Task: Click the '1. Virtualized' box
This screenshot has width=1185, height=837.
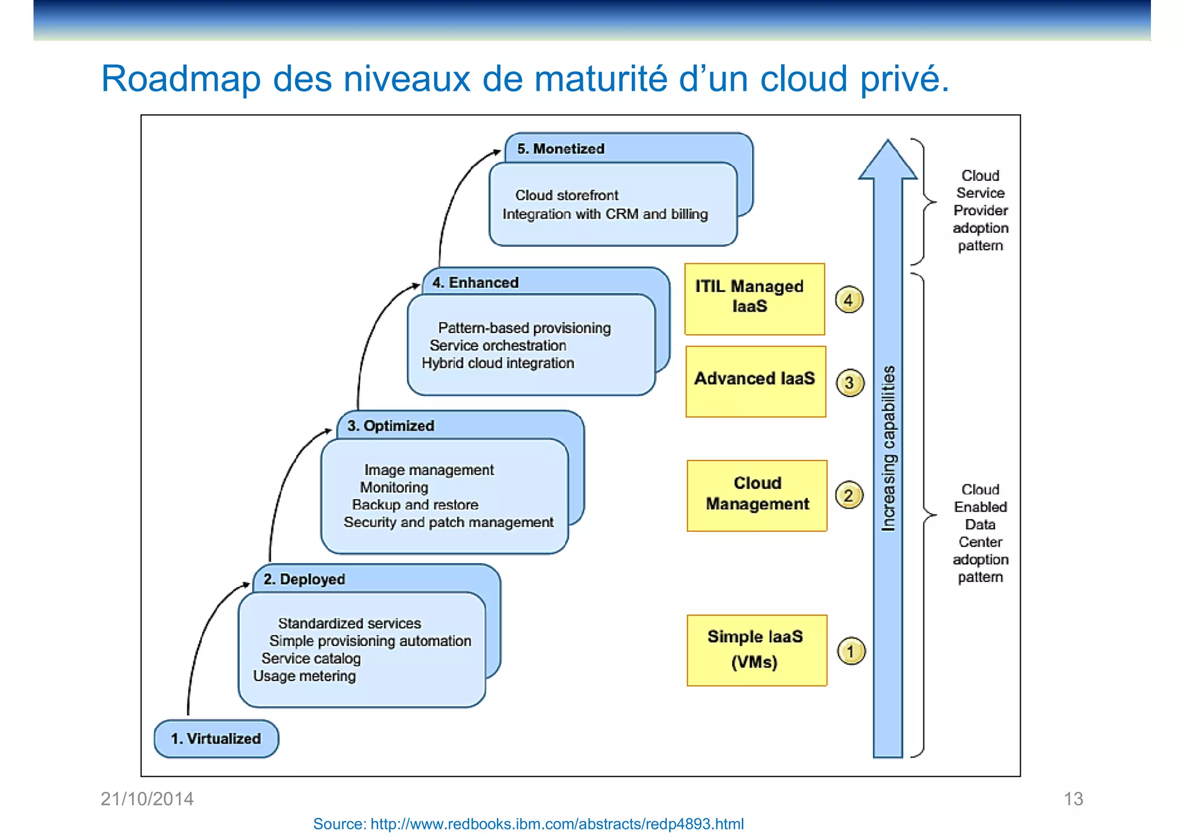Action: point(216,739)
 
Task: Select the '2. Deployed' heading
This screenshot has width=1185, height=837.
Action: point(304,579)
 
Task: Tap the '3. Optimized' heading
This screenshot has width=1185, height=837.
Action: point(391,426)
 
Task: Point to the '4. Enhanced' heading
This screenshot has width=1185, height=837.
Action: point(475,283)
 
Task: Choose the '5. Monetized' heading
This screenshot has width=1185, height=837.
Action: point(561,149)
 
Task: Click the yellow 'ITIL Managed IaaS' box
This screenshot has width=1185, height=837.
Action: point(755,299)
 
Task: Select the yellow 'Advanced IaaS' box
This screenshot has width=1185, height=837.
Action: point(755,381)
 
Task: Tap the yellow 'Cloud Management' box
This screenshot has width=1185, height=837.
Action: point(757,495)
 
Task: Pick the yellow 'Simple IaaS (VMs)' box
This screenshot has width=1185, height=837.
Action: point(756,650)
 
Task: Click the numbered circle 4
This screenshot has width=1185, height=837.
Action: point(849,300)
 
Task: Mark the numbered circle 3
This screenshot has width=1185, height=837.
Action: point(849,383)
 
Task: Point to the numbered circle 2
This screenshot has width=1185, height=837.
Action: point(849,495)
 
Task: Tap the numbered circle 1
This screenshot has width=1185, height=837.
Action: point(851,651)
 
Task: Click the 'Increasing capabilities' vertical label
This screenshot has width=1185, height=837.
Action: point(888,448)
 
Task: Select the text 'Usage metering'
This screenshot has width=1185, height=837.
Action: point(304,676)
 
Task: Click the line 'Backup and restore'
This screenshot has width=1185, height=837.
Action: point(415,505)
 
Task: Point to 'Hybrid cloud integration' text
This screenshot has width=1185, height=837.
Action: point(498,363)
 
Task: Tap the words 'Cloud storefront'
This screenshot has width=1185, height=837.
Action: point(566,195)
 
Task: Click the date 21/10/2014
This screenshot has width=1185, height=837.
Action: point(147,799)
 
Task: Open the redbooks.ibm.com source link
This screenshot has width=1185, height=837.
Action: point(528,824)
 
